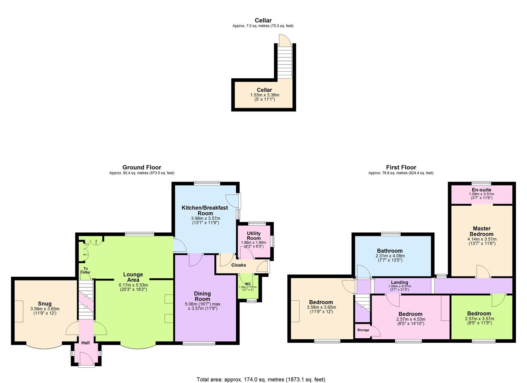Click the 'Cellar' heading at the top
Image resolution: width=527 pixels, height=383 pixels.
(x=263, y=21)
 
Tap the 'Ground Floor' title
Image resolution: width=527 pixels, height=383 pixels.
(x=142, y=167)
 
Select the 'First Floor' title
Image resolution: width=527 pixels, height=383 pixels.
(x=401, y=167)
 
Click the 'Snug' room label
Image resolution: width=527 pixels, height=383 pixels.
(x=45, y=304)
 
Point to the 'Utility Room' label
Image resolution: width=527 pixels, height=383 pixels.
(x=254, y=236)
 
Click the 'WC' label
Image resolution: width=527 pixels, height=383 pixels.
(x=248, y=284)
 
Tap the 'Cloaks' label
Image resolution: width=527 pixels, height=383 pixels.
(x=238, y=265)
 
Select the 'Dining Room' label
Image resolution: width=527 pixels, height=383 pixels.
(x=202, y=296)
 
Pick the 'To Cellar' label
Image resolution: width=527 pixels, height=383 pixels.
(x=85, y=270)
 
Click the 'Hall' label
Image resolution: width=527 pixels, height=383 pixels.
(x=86, y=343)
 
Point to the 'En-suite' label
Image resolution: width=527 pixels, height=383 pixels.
(x=481, y=190)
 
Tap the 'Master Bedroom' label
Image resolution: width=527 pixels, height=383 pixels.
(x=481, y=231)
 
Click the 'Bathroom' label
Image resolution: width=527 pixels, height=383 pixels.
(x=390, y=251)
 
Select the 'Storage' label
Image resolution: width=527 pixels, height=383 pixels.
(x=363, y=330)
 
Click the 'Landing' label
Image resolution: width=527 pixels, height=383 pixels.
(x=399, y=282)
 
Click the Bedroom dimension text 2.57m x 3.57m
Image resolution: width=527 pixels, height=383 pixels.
(x=479, y=319)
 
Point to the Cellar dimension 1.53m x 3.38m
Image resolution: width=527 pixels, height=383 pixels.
(x=264, y=95)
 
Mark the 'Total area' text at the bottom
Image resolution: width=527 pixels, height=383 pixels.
(x=261, y=379)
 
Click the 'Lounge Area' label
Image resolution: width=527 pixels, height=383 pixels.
(x=133, y=277)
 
